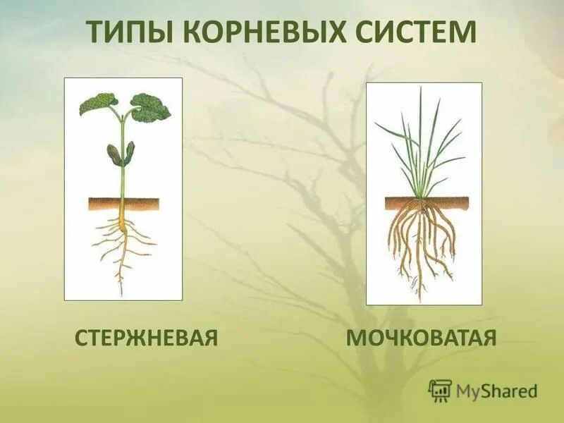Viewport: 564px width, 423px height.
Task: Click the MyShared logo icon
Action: coord(440,390)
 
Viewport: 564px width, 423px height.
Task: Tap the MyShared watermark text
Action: coord(496,391)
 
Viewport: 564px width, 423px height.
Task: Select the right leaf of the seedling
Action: coord(150,107)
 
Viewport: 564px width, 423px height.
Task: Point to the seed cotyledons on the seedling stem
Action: coord(121,154)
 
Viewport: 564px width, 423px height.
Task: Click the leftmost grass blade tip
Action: coord(376,125)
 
